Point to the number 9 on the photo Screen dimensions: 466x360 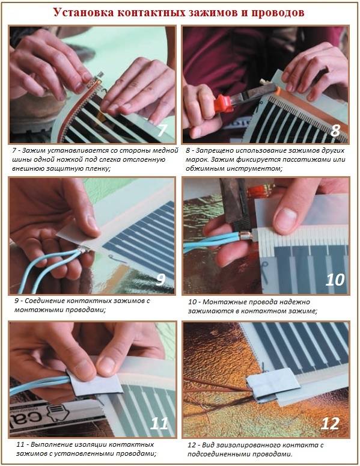pos(160,278)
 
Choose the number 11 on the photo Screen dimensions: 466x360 pos(159,423)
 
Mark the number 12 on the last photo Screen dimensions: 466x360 pos(331,423)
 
